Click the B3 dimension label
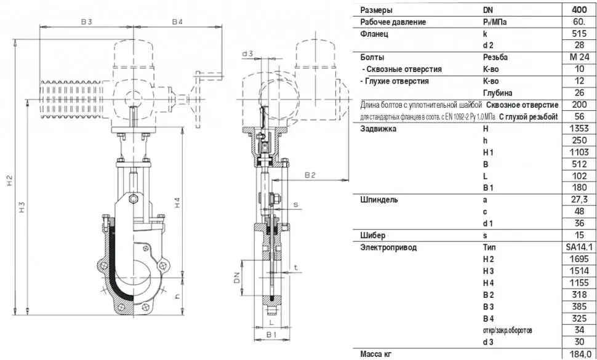pos(86,22)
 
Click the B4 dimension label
pos(177,22)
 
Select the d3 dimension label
pos(247,54)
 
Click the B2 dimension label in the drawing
pos(310,175)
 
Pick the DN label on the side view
pos(237,278)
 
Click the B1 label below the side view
pos(271,335)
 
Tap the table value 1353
pos(579,128)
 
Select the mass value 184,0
pos(579,354)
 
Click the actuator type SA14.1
pos(579,247)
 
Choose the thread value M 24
pos(579,57)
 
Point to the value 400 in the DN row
pos(579,10)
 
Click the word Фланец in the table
pos(374,34)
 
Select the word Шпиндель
pos(379,200)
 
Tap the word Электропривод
pos(388,247)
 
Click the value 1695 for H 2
pos(579,259)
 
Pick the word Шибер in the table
pos(373,235)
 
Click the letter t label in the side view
pos(296,268)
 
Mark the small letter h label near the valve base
pos(177,297)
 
